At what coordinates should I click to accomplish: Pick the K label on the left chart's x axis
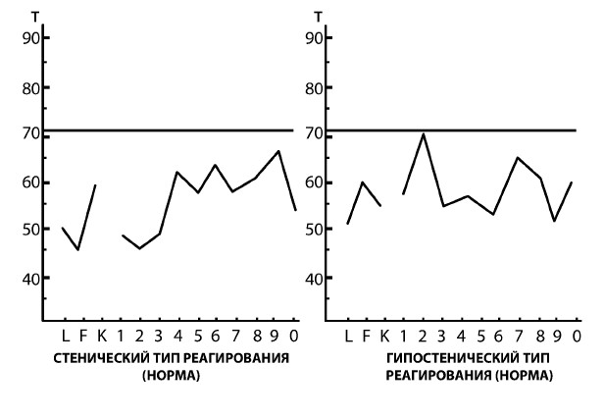tap(101, 337)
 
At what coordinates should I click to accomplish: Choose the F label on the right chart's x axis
tap(365, 337)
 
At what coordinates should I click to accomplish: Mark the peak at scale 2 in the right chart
tap(424, 133)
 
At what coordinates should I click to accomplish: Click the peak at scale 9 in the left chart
tap(279, 151)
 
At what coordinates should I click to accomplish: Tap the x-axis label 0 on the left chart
tap(295, 337)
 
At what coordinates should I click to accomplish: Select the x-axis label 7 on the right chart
tap(517, 337)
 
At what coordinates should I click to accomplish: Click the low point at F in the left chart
tap(78, 250)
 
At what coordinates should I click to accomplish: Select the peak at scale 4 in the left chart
tap(177, 172)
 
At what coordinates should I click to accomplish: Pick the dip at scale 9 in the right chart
tap(554, 221)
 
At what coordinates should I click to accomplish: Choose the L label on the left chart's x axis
tap(65, 337)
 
